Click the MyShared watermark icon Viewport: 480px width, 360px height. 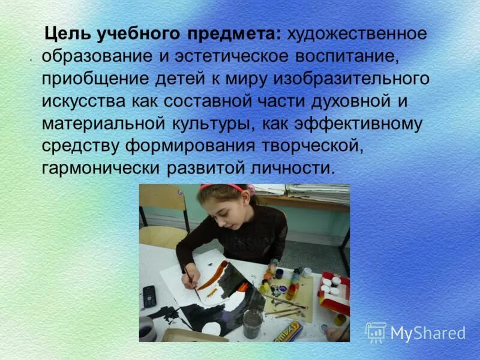pos(376,332)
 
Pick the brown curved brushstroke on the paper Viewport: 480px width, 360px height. pos(213,277)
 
